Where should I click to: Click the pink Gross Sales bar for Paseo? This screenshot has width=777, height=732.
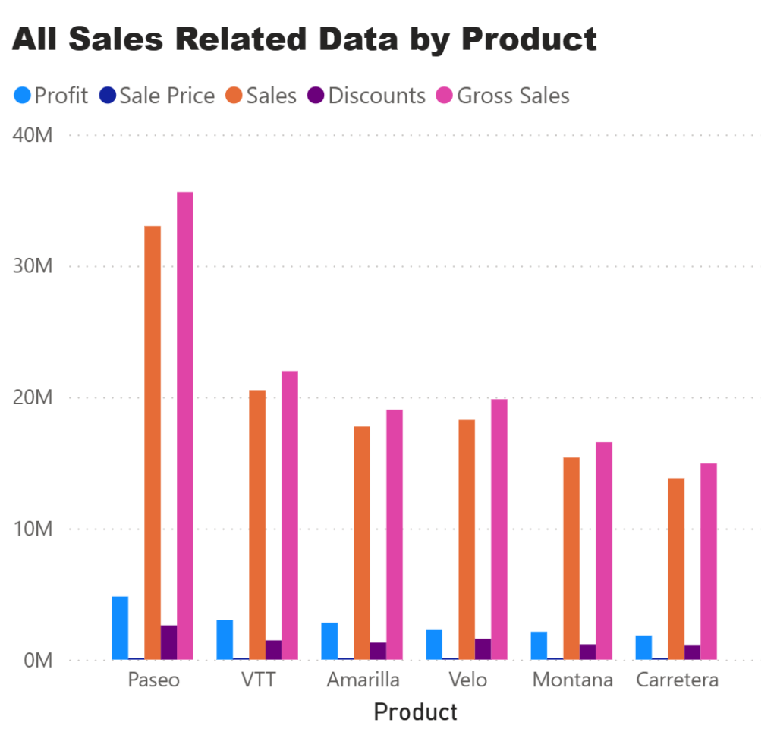185,425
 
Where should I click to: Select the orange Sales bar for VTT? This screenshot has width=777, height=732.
257,523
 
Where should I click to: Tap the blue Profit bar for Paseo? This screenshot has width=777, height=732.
120,628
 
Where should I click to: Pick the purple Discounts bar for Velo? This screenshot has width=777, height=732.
483,649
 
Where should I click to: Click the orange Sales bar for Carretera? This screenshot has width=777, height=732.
676,569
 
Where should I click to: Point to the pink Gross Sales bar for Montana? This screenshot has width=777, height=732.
603,551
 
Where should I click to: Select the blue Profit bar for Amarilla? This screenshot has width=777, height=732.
329,641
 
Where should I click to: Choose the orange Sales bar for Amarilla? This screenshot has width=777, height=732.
362,543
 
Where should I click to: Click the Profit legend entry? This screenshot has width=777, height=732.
52,96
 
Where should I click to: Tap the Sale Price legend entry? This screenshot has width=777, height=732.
157,96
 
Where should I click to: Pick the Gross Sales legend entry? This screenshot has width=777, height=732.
502,96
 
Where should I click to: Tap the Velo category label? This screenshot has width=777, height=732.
467,680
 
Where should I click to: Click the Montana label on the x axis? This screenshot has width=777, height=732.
572,680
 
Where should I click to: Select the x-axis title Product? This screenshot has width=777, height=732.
416,712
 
